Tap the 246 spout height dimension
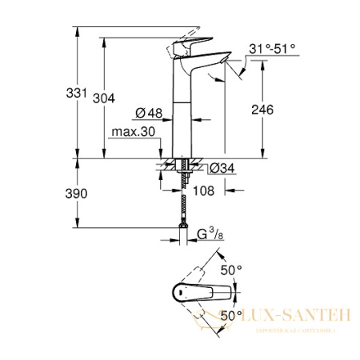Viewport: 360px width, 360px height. [277, 111]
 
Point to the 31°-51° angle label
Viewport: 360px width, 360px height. [272, 49]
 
